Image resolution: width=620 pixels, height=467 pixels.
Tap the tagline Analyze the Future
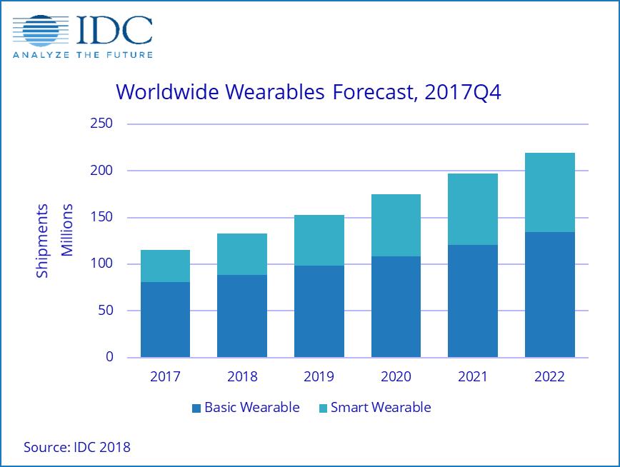pyautogui.click(x=81, y=54)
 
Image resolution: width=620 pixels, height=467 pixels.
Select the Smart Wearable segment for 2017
pyautogui.click(x=165, y=266)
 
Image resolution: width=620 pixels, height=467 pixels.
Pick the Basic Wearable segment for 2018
pyautogui.click(x=242, y=316)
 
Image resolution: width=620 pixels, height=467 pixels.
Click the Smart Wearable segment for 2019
pyautogui.click(x=319, y=240)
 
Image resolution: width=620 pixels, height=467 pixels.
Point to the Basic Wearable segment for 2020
pyautogui.click(x=396, y=306)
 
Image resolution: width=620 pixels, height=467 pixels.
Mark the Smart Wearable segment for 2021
pyautogui.click(x=473, y=209)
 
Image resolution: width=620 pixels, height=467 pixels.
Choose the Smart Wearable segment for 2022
pyautogui.click(x=549, y=192)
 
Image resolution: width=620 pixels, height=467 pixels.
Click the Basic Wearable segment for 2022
pyautogui.click(x=549, y=294)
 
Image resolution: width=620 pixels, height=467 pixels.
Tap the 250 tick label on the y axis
pyautogui.click(x=104, y=124)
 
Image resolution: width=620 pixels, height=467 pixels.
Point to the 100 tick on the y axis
pyautogui.click(x=104, y=264)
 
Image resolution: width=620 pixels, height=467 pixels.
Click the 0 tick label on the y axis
pyautogui.click(x=110, y=357)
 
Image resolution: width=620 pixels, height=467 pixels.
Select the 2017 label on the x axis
pyautogui.click(x=165, y=376)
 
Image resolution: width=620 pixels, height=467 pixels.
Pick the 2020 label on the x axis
pyautogui.click(x=396, y=376)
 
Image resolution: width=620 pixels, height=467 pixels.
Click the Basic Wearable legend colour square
pyautogui.click(x=196, y=408)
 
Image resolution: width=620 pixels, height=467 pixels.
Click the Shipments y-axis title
pyautogui.click(x=43, y=241)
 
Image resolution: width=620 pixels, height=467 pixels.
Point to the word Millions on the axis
pyautogui.click(x=67, y=230)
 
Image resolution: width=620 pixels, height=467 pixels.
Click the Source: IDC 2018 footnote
pyautogui.click(x=77, y=447)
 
